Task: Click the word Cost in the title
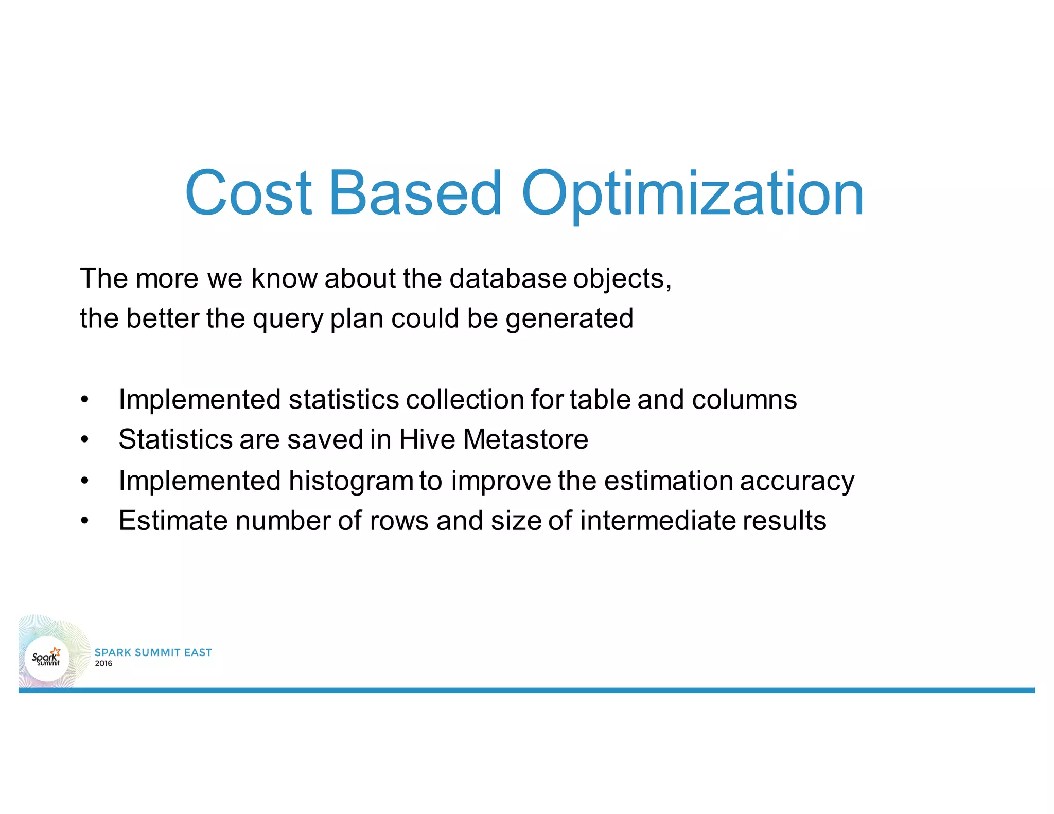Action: [x=248, y=193]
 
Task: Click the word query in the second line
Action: [x=287, y=319]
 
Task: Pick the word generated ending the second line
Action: [x=569, y=319]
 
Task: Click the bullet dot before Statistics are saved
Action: [x=85, y=440]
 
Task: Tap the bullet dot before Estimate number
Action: [x=85, y=521]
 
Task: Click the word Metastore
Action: [x=525, y=439]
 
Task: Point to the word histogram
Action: [x=350, y=481]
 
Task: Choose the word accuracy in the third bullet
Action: [x=797, y=481]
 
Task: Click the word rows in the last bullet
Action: [x=399, y=520]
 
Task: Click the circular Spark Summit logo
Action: [x=46, y=658]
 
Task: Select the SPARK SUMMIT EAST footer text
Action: [x=153, y=652]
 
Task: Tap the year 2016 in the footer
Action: [x=103, y=664]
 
